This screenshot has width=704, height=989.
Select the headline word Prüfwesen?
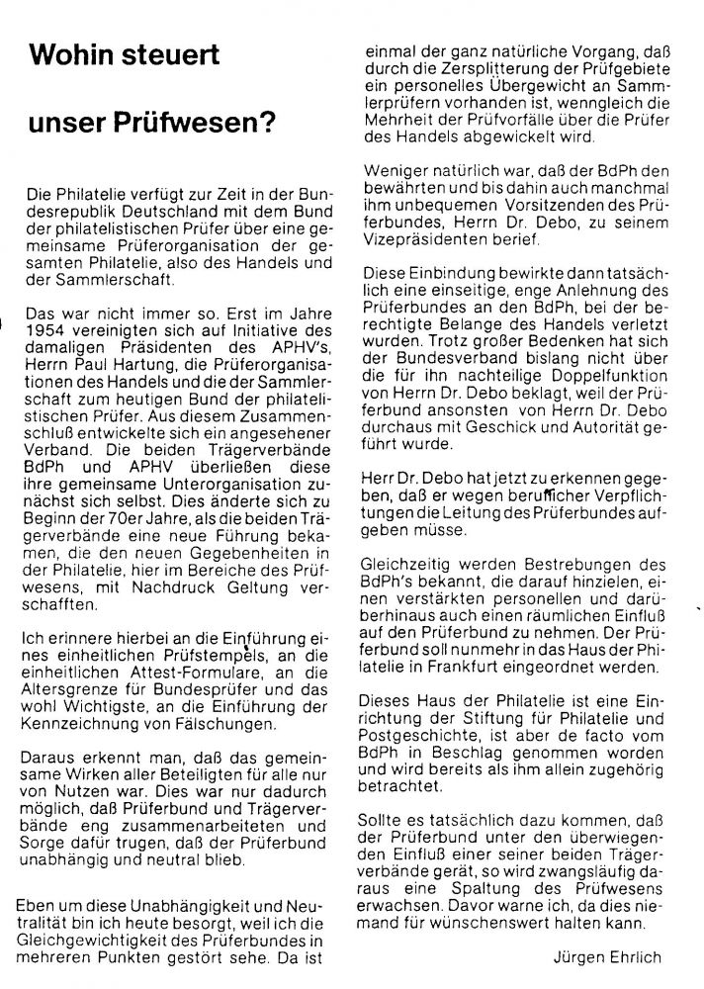[193, 125]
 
